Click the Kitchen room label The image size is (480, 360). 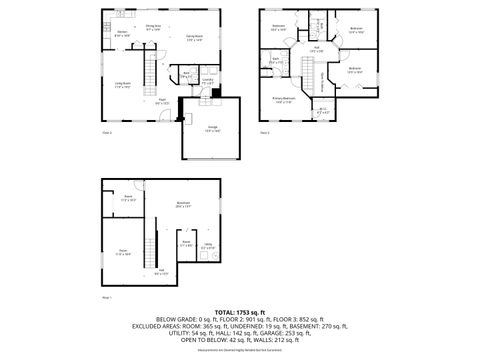click(x=122, y=34)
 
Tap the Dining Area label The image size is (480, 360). click(x=153, y=27)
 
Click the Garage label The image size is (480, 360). click(x=212, y=129)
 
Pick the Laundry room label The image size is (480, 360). click(x=208, y=82)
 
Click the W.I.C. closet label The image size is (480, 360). click(x=322, y=111)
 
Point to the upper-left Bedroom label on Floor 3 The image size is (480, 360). click(x=279, y=27)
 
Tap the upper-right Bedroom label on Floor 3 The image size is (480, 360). click(x=356, y=29)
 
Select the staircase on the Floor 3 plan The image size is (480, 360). click(x=321, y=79)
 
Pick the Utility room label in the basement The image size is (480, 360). click(x=209, y=246)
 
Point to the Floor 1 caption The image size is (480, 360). click(x=107, y=297)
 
